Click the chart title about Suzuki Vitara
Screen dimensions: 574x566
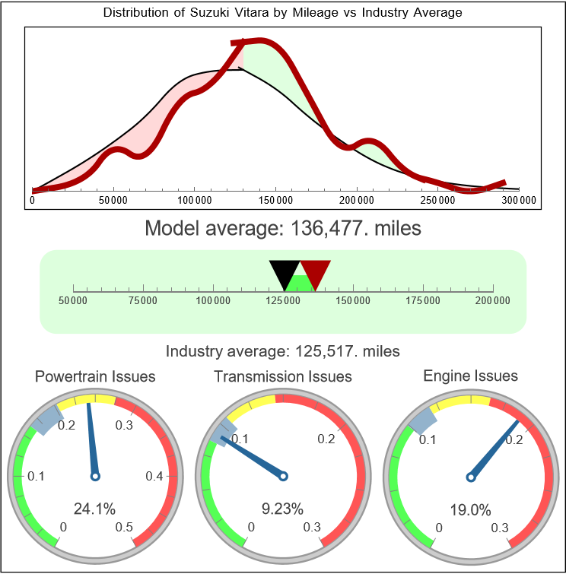(282, 13)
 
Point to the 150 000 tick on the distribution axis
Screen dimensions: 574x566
(275, 190)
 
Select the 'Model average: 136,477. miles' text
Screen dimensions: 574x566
(282, 227)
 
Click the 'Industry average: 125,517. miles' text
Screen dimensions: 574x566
(282, 351)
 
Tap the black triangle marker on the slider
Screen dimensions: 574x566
(285, 273)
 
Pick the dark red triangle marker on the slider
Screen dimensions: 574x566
(314, 271)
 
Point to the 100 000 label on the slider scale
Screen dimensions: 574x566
(213, 301)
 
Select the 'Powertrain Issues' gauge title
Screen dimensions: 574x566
(95, 376)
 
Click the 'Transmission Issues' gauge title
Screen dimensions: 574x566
(283, 376)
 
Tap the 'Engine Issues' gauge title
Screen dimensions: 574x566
(470, 376)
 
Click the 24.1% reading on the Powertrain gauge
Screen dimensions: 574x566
(95, 508)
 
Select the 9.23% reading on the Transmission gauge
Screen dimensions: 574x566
(283, 508)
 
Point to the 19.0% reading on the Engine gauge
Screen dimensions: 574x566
(470, 508)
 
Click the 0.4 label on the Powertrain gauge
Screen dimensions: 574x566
(154, 476)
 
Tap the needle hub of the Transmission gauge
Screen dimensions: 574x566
(283, 476)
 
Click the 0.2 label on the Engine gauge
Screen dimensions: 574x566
(514, 439)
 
